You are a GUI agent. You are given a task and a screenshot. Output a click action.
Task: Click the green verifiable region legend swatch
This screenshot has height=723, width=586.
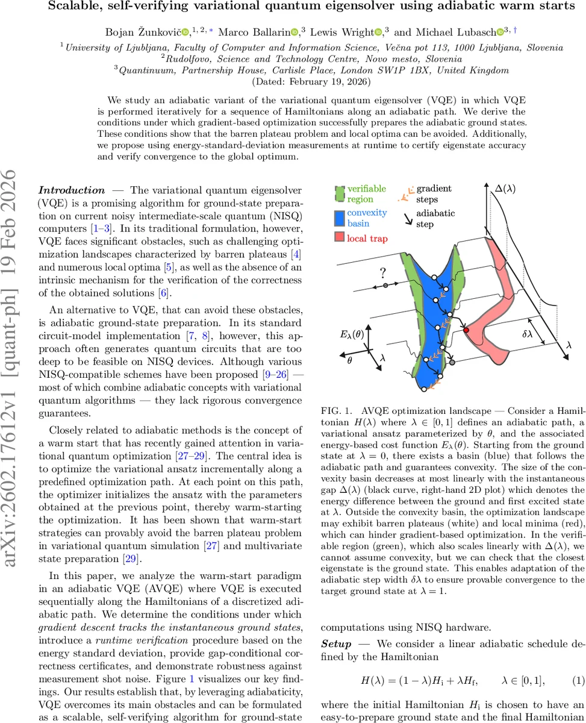click(339, 194)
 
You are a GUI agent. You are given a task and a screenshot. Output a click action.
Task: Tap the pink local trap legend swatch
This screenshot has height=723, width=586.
click(339, 239)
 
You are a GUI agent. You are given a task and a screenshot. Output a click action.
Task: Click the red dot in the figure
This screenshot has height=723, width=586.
click(466, 330)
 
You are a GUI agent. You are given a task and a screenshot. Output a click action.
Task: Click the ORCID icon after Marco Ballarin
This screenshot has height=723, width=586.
click(295, 31)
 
